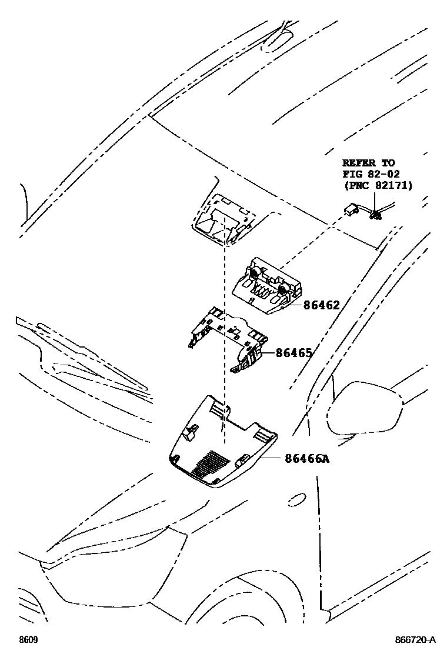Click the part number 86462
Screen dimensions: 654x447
[x=322, y=305]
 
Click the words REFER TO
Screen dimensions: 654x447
[x=369, y=162]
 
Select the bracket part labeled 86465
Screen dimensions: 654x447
[x=229, y=341]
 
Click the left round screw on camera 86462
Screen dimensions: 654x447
[x=253, y=273]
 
